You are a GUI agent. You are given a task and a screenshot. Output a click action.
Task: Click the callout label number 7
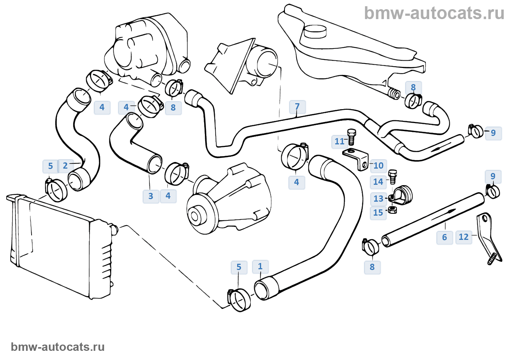pos(297,107)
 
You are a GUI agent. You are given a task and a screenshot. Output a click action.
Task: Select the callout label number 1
pos(260,266)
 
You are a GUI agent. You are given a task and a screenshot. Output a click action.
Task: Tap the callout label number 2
pos(65,166)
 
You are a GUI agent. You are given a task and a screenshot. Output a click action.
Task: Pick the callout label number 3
pos(151,196)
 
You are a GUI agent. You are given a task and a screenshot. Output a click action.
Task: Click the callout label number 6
pos(444,237)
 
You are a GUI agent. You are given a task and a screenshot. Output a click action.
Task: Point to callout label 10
pos(379,166)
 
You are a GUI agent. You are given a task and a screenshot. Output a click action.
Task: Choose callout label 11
pos(339,141)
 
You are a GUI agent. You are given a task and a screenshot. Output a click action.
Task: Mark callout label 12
pos(464,237)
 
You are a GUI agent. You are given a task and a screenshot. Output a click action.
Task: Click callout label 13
pos(378,199)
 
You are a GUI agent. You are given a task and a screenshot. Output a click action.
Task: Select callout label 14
pos(378,182)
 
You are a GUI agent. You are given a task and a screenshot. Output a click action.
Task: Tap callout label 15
pos(378,213)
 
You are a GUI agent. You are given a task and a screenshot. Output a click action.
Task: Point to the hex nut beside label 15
pos(392,210)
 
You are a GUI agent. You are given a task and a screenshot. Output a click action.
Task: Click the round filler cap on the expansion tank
pos(315,31)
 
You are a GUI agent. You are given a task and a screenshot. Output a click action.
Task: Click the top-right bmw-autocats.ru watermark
pos(434,13)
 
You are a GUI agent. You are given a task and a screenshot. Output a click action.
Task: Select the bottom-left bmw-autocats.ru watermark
pos(58,347)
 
